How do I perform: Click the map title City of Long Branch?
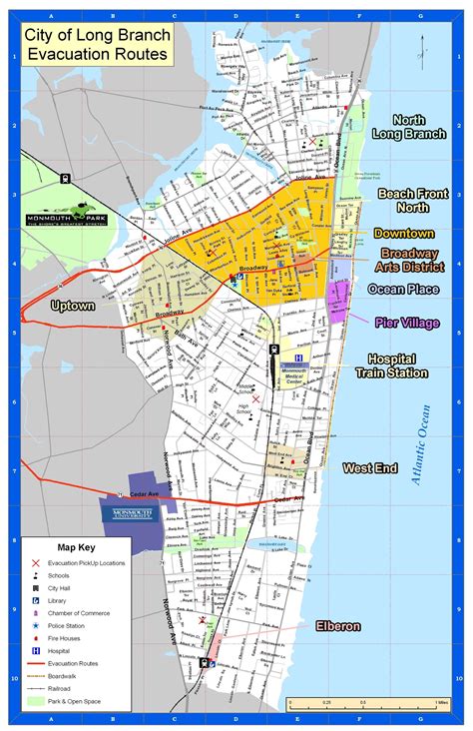tap(98, 37)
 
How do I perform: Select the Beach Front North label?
tap(403, 200)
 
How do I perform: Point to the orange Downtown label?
tap(403, 233)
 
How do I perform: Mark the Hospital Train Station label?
tap(398, 365)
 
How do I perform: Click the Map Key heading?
tap(76, 547)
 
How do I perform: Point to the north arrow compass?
tap(422, 47)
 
